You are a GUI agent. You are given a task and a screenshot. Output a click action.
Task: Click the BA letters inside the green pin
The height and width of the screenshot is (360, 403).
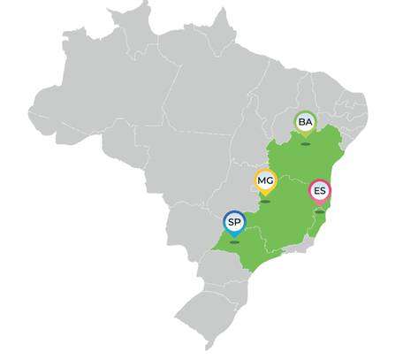[306, 121]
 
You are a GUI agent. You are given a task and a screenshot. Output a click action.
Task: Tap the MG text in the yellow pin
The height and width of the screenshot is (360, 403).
[265, 181]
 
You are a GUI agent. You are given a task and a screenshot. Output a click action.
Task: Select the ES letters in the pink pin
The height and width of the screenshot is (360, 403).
[320, 191]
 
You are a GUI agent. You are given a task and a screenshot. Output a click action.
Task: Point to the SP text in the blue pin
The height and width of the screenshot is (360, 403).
[234, 222]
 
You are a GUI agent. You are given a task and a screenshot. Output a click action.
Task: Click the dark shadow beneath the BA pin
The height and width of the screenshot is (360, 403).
[306, 143]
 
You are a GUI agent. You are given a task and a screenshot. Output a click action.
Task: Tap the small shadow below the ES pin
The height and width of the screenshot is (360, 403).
[320, 212]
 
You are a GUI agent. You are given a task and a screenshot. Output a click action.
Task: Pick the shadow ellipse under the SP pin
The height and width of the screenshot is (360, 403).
[234, 242]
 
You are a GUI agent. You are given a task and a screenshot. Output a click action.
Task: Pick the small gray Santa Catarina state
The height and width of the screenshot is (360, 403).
[232, 283]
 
